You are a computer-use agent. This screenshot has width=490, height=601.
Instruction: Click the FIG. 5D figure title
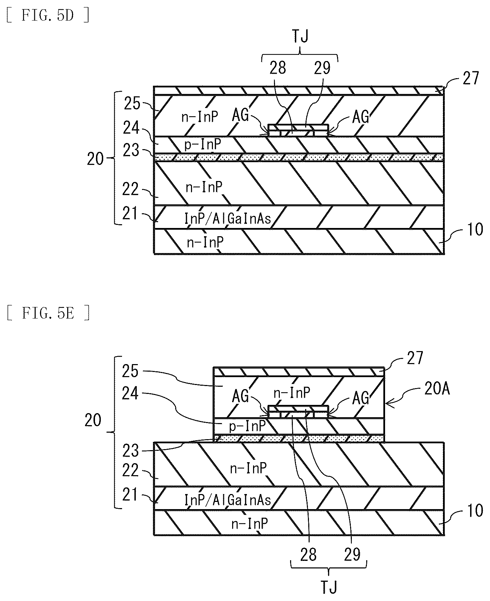(x=48, y=16)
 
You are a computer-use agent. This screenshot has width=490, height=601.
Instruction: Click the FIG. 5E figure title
(x=48, y=313)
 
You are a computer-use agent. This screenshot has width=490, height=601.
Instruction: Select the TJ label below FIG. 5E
(x=328, y=587)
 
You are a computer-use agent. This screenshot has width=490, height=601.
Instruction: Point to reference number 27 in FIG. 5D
(x=470, y=79)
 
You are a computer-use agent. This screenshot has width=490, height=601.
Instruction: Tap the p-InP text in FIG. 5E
(x=247, y=426)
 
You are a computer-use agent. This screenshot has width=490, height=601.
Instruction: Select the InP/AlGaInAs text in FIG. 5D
(x=228, y=218)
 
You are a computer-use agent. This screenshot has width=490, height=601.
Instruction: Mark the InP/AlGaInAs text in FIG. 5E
(x=228, y=500)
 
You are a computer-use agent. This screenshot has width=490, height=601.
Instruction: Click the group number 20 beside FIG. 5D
(x=95, y=159)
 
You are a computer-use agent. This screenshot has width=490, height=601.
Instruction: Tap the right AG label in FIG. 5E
(x=360, y=398)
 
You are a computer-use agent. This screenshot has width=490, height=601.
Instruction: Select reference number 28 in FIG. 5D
(x=278, y=68)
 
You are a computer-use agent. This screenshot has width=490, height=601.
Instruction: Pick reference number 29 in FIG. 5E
(x=352, y=554)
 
